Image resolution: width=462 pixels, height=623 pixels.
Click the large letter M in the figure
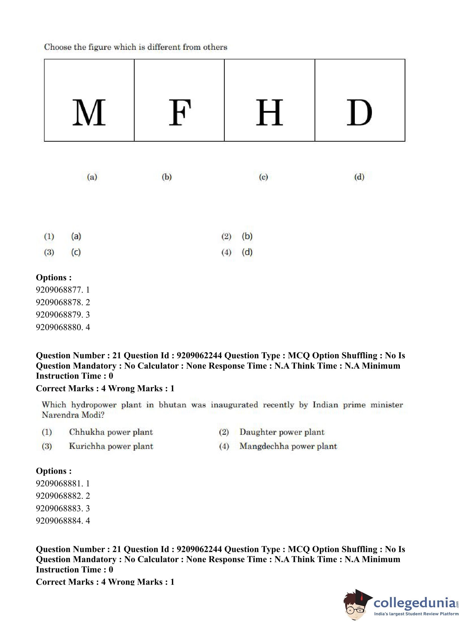(89, 112)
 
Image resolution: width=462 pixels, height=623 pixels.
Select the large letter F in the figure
(180, 112)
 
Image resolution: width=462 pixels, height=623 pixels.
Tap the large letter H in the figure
(269, 112)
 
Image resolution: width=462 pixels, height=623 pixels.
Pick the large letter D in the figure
(359, 112)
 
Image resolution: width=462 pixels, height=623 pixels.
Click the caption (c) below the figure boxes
(263, 177)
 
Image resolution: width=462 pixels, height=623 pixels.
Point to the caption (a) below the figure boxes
(92, 177)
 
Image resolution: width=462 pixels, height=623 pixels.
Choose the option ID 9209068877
(59, 290)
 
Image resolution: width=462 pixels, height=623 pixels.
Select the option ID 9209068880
(59, 327)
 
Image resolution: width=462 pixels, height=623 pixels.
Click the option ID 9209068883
(59, 508)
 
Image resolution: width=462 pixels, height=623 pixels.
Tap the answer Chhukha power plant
(111, 432)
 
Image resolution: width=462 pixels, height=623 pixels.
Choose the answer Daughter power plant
(282, 432)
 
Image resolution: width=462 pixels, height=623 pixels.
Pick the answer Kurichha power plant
(111, 446)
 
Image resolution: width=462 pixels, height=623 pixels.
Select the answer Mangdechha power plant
(288, 446)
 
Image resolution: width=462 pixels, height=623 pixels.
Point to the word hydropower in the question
(94, 405)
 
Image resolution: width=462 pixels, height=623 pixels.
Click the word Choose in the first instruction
(58, 47)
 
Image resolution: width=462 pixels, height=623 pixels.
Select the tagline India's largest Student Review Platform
(416, 614)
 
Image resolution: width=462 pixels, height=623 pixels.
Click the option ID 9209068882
(59, 496)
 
